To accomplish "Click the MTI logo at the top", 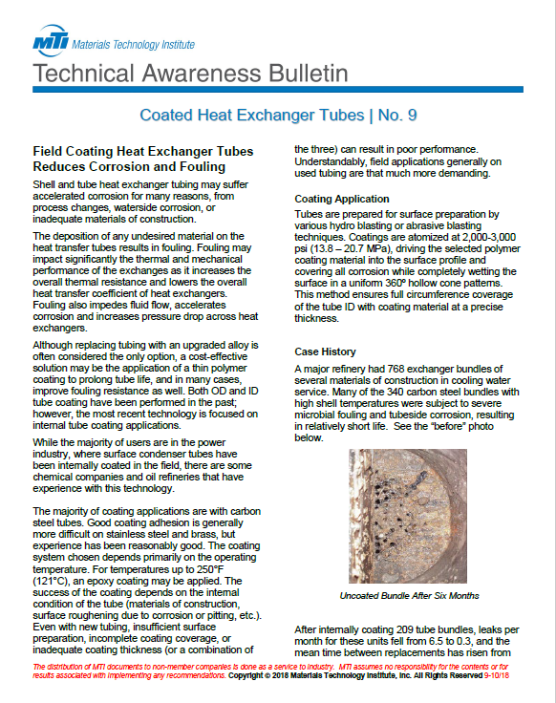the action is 49,44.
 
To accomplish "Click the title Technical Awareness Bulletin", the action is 183,74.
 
